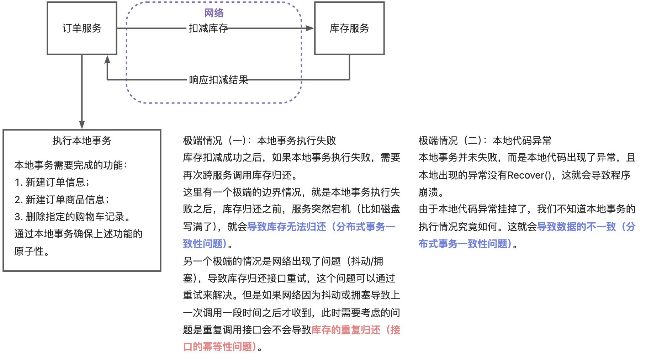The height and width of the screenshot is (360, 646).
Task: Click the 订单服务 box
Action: (82, 28)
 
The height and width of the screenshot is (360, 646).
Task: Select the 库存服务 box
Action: (349, 28)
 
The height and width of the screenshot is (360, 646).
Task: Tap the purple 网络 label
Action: (214, 13)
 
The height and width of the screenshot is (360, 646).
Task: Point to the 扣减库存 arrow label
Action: (208, 28)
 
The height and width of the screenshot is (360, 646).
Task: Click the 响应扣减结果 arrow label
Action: (218, 80)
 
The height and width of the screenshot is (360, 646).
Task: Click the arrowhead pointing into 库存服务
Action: (310, 28)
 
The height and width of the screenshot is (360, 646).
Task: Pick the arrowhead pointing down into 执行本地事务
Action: (82, 125)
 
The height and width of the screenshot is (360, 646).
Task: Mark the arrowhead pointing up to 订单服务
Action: (107, 59)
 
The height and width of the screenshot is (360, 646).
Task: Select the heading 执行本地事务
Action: (82, 141)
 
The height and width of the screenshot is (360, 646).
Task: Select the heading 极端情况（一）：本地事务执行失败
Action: (259, 141)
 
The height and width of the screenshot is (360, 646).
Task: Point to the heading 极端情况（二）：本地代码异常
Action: (485, 141)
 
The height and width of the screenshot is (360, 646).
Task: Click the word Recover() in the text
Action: (531, 175)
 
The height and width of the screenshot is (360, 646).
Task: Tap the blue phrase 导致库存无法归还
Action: (287, 227)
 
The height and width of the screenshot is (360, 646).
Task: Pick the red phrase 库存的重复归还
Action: (346, 330)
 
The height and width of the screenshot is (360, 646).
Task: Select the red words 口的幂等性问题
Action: (220, 346)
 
